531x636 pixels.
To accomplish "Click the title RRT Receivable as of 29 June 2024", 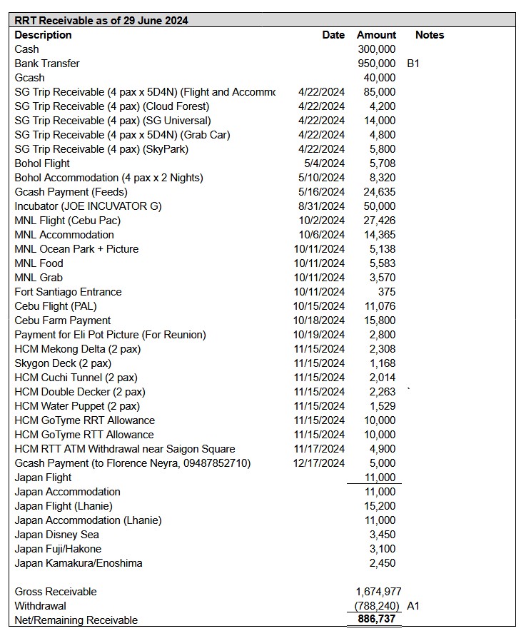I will pyautogui.click(x=101, y=21).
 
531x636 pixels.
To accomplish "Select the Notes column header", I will pyautogui.click(x=429, y=35).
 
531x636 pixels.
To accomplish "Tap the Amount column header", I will pyautogui.click(x=376, y=35).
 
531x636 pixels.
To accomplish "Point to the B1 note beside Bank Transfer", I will pyautogui.click(x=413, y=64).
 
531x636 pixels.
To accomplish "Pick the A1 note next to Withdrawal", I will pyautogui.click(x=413, y=606).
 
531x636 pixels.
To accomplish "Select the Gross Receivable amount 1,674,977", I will pyautogui.click(x=378, y=592).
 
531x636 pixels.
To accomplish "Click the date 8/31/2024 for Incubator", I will pyautogui.click(x=321, y=206).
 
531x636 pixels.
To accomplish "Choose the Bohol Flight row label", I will pyautogui.click(x=42, y=163).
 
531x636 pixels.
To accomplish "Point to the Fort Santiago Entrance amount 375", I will pyautogui.click(x=386, y=292).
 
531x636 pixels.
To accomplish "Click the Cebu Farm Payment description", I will pyautogui.click(x=63, y=320).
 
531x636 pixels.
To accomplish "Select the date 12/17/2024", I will pyautogui.click(x=318, y=463).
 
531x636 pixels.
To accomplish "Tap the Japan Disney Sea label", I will pyautogui.click(x=56, y=535).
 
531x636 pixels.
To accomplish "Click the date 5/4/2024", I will pyautogui.click(x=324, y=163).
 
